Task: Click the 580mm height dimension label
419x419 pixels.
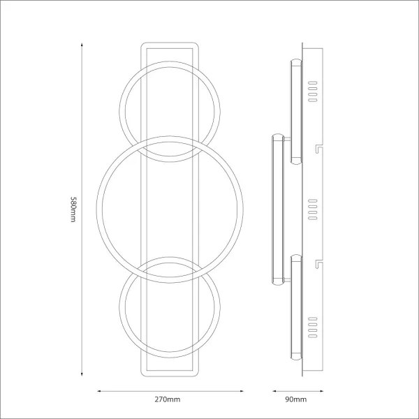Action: (73, 209)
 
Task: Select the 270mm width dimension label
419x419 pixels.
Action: (168, 400)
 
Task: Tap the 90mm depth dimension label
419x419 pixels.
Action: (296, 400)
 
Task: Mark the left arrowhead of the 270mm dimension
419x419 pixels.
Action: (98, 390)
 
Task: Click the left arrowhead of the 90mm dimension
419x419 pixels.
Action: (273, 390)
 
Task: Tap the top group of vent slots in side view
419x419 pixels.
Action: (313, 90)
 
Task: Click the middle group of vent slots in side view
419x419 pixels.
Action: (313, 209)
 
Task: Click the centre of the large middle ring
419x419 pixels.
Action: (171, 209)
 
